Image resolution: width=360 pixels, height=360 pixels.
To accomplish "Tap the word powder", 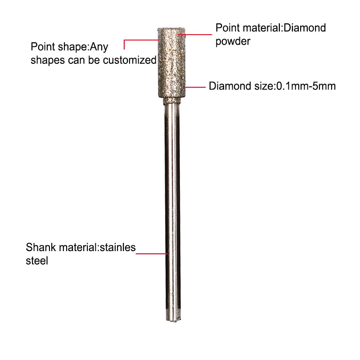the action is [x=233, y=41].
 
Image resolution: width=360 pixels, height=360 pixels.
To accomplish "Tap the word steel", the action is [x=36, y=260].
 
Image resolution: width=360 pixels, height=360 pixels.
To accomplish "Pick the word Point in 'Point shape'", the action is [x=42, y=47].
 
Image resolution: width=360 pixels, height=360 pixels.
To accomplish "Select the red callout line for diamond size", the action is [x=194, y=86].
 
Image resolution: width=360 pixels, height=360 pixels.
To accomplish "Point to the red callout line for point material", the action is [x=198, y=33].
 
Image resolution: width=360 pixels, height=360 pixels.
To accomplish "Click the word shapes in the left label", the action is [x=45, y=60].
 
